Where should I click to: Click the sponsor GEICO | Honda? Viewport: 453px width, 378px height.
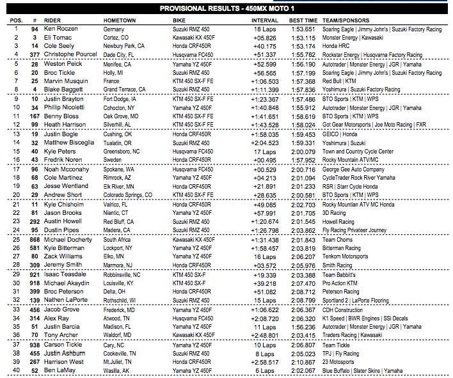[340, 134]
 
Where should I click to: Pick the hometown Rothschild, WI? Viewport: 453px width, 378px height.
[122, 299]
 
